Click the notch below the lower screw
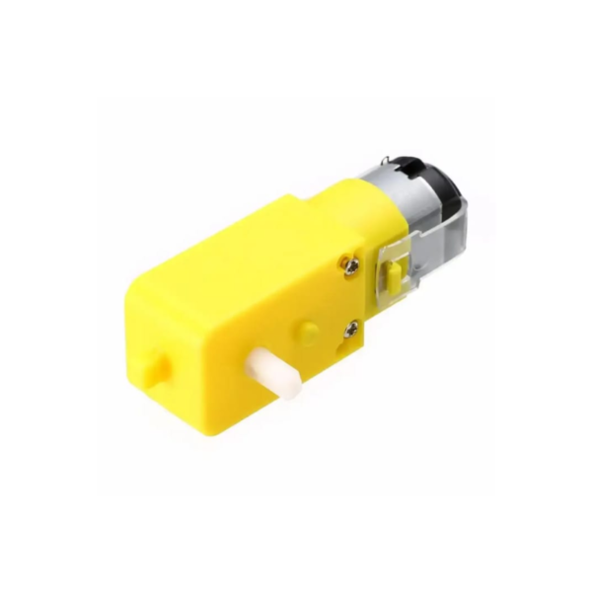[347, 345]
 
